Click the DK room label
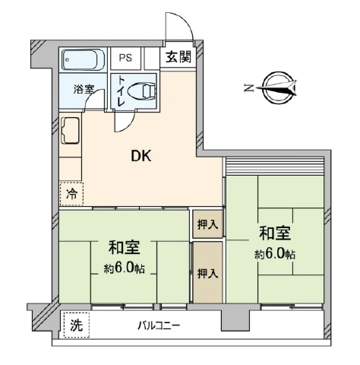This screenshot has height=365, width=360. pos(141,156)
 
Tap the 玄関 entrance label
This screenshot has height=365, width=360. pos(178,57)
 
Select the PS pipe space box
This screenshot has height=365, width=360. pos(125,58)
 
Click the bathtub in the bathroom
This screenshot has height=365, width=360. pos(84,60)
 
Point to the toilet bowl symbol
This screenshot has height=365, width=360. pos(142,91)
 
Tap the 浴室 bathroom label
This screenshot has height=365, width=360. pos(84,89)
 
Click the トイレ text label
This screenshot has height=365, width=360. pos(122,91)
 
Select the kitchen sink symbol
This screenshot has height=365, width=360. pos(70,131)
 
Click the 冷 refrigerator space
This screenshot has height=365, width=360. pos(71,194)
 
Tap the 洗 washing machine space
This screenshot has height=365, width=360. pos(77,325)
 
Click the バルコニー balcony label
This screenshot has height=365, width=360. pos(159,325)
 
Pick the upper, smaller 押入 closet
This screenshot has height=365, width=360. pos(208,224)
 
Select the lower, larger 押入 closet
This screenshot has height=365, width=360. pos(208,272)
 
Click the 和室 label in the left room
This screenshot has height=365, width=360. pos(124,247)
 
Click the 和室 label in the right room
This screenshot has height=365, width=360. pos(275,233)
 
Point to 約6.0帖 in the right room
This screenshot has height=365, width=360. pos(275,254)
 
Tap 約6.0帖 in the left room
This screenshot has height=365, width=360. pos(124,268)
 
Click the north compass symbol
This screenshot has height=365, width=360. pos(277,88)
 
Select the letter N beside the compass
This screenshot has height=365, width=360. pos(248,88)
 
